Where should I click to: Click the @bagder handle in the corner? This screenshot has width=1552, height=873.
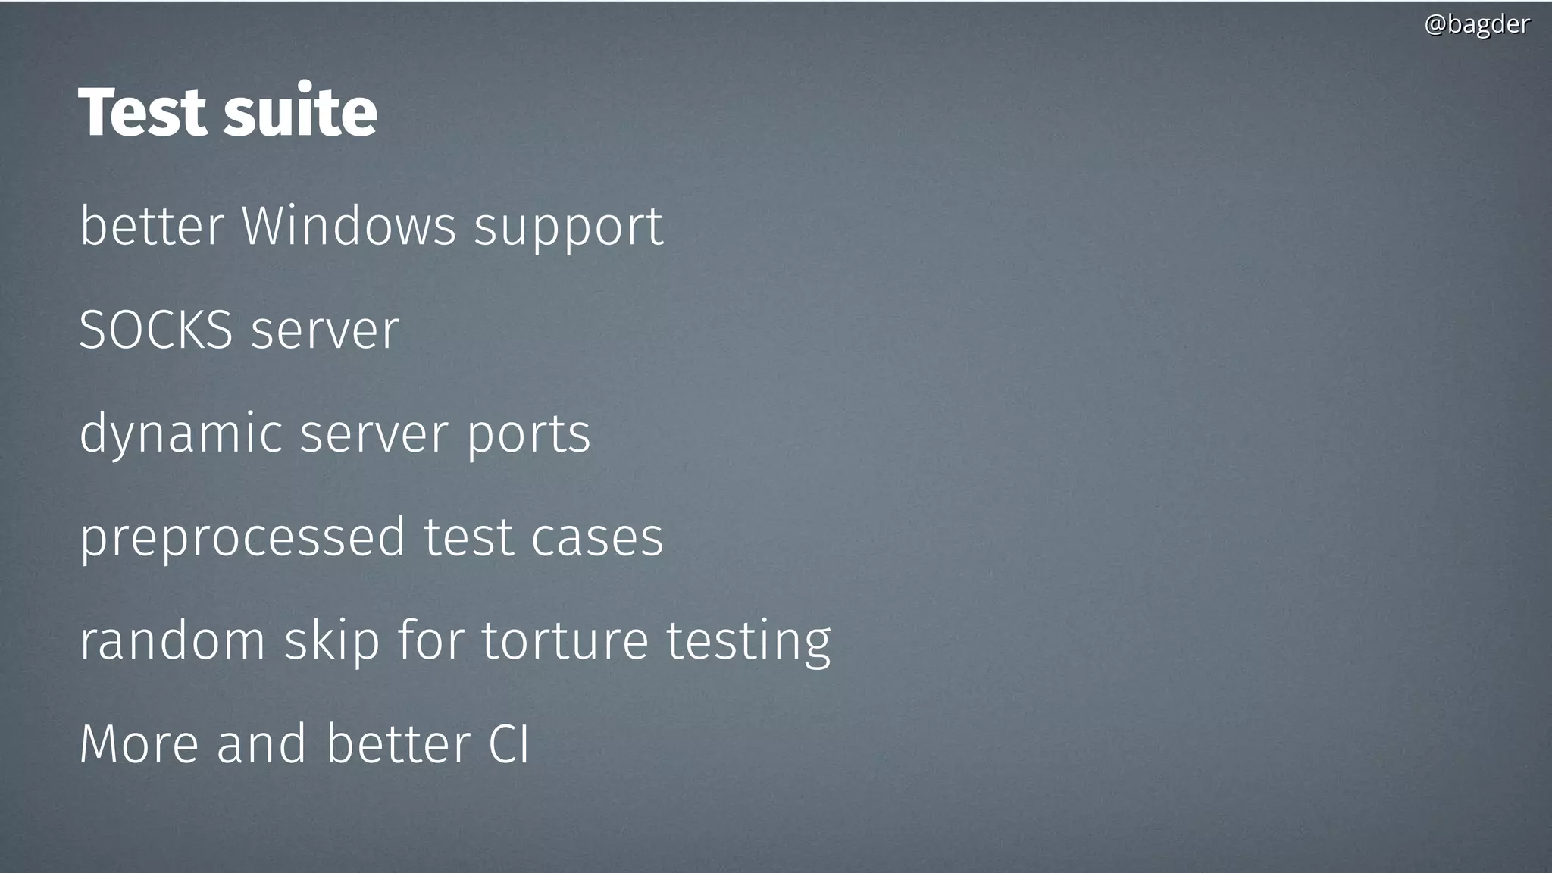tap(1476, 24)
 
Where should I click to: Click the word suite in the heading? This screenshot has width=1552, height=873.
tap(300, 112)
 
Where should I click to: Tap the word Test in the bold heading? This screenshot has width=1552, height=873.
tap(142, 112)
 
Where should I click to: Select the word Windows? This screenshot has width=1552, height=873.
tap(349, 226)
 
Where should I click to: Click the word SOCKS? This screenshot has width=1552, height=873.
tap(155, 330)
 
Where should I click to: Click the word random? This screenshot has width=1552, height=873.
tap(172, 641)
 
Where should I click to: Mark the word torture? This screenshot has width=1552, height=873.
tap(565, 641)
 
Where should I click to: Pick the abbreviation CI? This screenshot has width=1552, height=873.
tap(508, 744)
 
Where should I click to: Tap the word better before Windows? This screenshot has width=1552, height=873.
tap(152, 226)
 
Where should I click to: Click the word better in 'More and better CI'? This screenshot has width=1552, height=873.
tap(398, 744)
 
